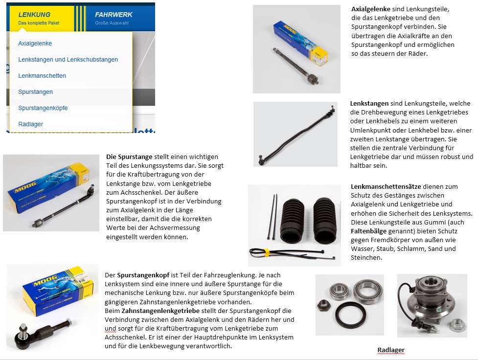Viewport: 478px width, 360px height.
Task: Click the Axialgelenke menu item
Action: click(35, 44)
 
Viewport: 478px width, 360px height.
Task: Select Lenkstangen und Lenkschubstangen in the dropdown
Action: click(68, 60)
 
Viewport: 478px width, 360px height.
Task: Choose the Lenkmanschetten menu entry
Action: click(42, 76)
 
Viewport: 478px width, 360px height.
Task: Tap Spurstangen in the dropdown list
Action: click(36, 92)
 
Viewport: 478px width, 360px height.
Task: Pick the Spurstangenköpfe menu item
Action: click(43, 108)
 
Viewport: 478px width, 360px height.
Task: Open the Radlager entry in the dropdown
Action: click(31, 124)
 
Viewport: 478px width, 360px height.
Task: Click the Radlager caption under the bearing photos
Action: click(391, 350)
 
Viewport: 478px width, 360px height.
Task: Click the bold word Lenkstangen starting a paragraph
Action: click(369, 104)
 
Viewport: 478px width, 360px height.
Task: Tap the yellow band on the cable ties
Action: click(268, 253)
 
